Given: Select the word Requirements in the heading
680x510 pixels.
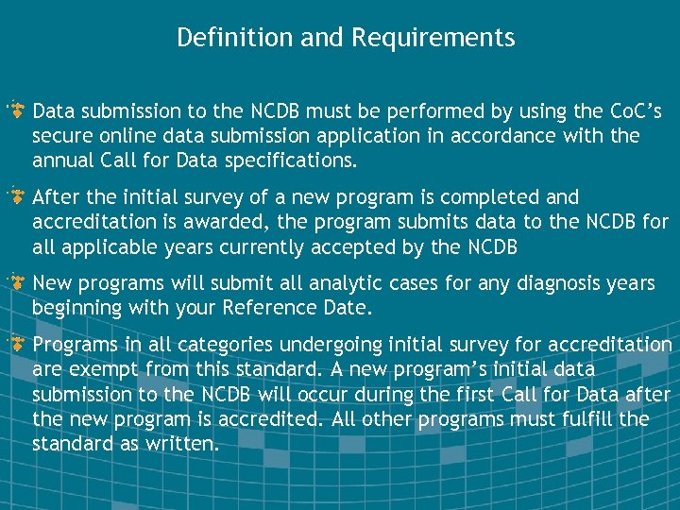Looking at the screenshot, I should tap(433, 38).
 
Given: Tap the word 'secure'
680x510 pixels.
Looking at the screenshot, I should tap(63, 136).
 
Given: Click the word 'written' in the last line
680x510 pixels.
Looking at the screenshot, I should tap(183, 443).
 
